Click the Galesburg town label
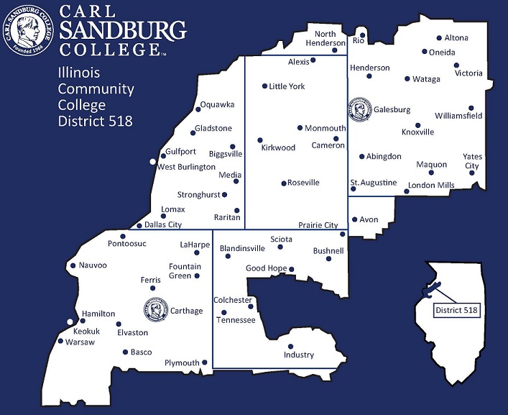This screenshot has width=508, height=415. [x=392, y=110]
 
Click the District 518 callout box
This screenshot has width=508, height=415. [x=456, y=310]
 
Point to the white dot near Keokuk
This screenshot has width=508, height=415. [x=70, y=322]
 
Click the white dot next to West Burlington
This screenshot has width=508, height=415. [x=152, y=162]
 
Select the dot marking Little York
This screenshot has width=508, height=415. [x=264, y=86]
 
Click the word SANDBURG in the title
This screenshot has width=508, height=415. [x=123, y=31]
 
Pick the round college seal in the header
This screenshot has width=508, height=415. [x=29, y=29]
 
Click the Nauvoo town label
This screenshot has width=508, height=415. [x=93, y=265]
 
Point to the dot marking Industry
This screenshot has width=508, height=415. [x=290, y=346]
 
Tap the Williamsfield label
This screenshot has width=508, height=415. [x=458, y=116]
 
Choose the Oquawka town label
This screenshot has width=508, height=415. [x=217, y=105]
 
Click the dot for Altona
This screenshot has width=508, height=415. [x=439, y=38]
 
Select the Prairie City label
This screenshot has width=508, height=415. [x=318, y=225]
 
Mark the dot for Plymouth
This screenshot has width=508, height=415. [x=205, y=362]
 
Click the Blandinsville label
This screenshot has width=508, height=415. [x=242, y=248]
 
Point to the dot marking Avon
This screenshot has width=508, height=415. [x=354, y=219]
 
